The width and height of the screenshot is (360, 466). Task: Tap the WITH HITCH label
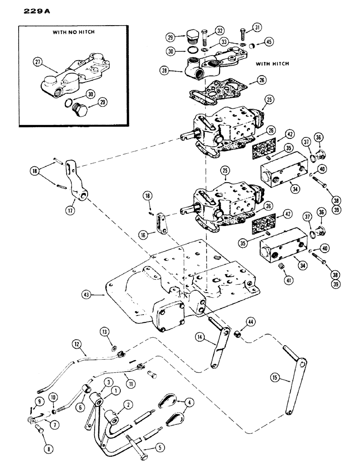coord(271,64)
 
